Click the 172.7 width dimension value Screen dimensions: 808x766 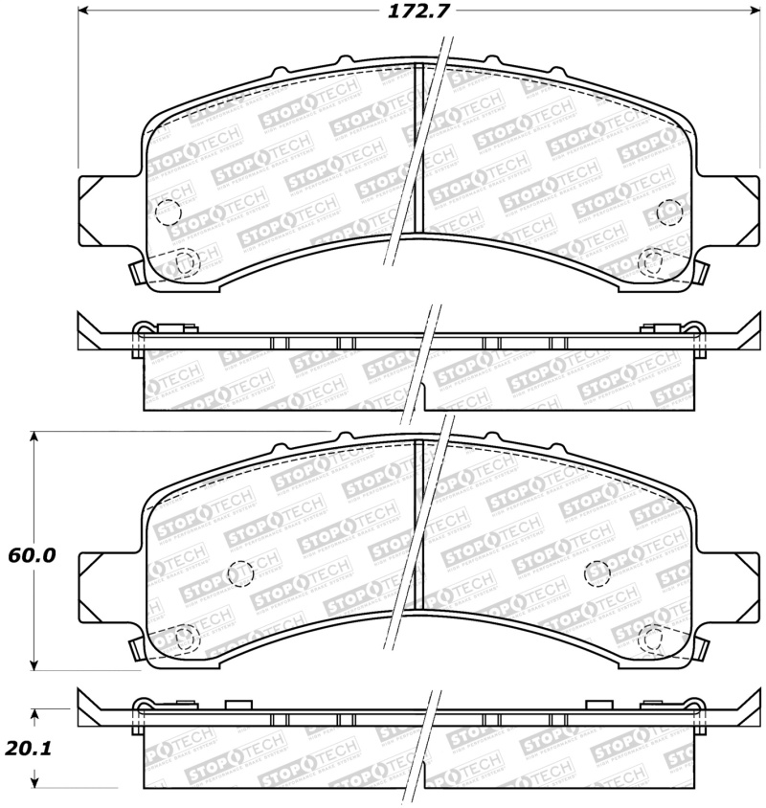tap(408, 11)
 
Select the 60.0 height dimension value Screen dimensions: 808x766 tap(33, 555)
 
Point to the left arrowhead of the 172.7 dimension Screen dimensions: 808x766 tap(83, 11)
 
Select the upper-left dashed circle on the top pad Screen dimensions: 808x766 tap(167, 213)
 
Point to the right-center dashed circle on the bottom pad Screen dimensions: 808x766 tap(597, 572)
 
